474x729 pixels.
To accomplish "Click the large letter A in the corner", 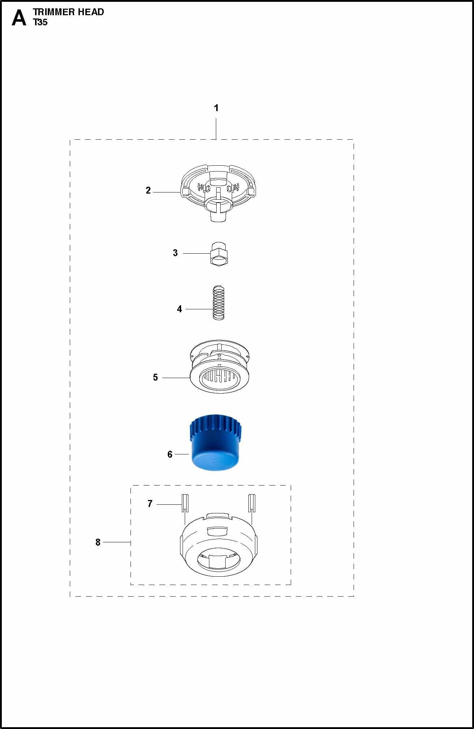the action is coord(19,18).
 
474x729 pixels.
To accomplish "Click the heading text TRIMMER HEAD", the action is coord(69,12).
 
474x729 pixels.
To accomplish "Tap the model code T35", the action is coord(40,22).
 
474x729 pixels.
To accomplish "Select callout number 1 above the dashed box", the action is coord(216,108).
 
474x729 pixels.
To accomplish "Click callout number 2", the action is coord(148,190).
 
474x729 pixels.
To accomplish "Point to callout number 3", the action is coord(175,253).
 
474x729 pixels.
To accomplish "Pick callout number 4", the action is coord(179,309).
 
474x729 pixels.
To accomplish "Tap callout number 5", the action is coord(155,377).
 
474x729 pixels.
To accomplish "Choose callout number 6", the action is coord(170,454).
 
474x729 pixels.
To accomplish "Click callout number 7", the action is coord(150,504).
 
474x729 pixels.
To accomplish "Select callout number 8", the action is coord(98,542).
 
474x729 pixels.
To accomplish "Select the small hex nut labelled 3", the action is coord(220,254).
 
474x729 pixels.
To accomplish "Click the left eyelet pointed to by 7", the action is coord(185,503).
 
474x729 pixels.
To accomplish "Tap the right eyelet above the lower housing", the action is coord(252,503).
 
